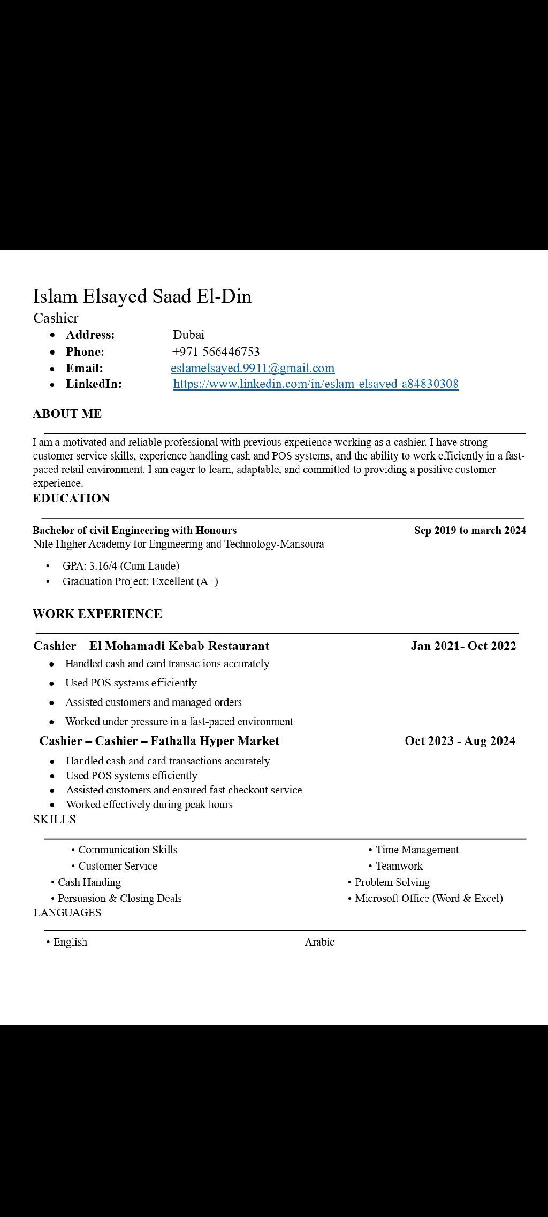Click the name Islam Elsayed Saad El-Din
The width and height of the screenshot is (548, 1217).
(x=142, y=296)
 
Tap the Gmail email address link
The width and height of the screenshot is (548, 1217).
(x=253, y=368)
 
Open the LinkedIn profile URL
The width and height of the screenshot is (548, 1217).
(x=316, y=384)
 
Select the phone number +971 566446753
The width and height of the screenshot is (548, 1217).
(x=216, y=351)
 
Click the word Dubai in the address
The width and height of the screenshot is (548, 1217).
(x=188, y=335)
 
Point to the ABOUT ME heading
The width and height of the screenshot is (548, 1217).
(x=67, y=414)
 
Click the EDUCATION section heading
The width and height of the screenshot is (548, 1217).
(x=71, y=498)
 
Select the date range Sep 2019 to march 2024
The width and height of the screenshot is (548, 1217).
(x=470, y=530)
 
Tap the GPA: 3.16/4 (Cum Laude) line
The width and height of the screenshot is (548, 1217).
(x=121, y=565)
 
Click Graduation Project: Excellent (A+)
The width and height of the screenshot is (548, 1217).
(x=140, y=581)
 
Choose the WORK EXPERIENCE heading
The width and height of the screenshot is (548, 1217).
(x=97, y=614)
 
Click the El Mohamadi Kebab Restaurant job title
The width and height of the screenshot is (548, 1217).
(x=151, y=646)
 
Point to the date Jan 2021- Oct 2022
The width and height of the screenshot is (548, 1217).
(x=463, y=646)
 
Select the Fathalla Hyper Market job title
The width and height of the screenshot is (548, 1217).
(x=159, y=740)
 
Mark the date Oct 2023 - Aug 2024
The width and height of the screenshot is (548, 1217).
(x=460, y=740)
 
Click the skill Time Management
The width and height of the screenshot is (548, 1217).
(x=417, y=849)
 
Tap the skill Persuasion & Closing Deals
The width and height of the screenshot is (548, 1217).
(x=119, y=898)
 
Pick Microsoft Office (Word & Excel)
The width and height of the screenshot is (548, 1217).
(x=429, y=898)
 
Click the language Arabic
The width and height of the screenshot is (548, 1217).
(x=319, y=942)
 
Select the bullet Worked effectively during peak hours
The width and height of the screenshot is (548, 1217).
(x=149, y=805)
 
